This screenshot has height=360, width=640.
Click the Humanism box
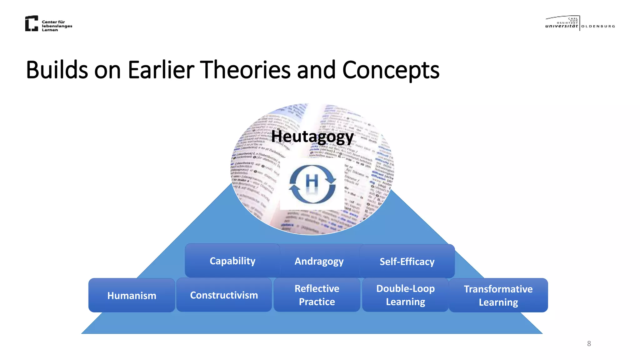pyautogui.click(x=132, y=295)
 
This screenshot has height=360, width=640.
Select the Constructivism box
pyautogui.click(x=224, y=295)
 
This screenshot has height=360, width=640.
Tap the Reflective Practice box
pyautogui.click(x=317, y=295)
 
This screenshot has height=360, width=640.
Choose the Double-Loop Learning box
pyautogui.click(x=405, y=295)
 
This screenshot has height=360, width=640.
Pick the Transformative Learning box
pyautogui.click(x=498, y=295)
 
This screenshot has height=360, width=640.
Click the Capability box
pyautogui.click(x=232, y=261)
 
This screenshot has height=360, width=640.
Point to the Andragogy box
pyautogui.click(x=319, y=261)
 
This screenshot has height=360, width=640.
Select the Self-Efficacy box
pyautogui.click(x=407, y=261)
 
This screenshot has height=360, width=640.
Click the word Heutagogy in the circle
pyautogui.click(x=312, y=137)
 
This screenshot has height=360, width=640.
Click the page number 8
pyautogui.click(x=589, y=343)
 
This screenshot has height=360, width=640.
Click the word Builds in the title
pyautogui.click(x=57, y=70)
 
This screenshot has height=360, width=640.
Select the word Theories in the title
pyautogui.click(x=245, y=70)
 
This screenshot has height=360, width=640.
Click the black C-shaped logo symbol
pyautogui.click(x=32, y=23)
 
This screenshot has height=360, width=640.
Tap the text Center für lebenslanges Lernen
pyautogui.click(x=57, y=26)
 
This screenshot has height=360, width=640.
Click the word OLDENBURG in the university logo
pyautogui.click(x=598, y=26)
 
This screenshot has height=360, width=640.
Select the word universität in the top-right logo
pyautogui.click(x=562, y=26)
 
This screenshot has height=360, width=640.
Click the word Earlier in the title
pyautogui.click(x=161, y=70)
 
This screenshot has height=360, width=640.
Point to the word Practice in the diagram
pyautogui.click(x=317, y=302)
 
